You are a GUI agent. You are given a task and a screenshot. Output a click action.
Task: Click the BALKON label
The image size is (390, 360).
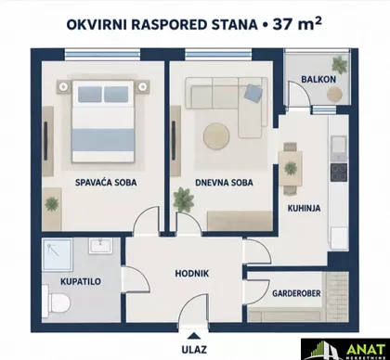[x=318, y=79]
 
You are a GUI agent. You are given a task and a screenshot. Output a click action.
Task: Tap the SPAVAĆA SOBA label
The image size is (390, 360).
[x=106, y=182]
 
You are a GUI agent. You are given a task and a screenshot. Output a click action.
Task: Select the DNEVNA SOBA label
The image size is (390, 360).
[x=224, y=183]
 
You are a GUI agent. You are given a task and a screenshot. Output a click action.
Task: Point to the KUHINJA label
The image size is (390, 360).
[x=304, y=208]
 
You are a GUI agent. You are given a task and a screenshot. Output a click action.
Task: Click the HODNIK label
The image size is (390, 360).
[x=192, y=274]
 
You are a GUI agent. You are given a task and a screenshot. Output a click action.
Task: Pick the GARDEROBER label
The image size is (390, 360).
[x=296, y=293]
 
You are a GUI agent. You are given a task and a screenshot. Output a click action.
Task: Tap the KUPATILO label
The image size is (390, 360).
[x=81, y=282]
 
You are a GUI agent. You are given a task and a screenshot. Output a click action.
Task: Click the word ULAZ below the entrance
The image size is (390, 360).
[x=194, y=350]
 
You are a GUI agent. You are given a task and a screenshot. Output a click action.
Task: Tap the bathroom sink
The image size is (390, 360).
[x=100, y=246]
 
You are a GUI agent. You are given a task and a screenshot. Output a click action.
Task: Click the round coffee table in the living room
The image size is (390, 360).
[x=216, y=136]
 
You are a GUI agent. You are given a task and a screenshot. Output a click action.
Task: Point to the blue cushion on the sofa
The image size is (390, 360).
[x=253, y=93]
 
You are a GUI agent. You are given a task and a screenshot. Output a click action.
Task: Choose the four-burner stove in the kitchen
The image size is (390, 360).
[x=339, y=173]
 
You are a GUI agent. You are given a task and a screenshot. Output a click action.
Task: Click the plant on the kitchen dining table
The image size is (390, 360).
[x=291, y=169]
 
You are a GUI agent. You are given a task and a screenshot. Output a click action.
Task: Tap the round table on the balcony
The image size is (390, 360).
[x=334, y=94]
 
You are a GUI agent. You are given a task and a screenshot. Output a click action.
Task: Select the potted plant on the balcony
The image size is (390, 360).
[x=340, y=65]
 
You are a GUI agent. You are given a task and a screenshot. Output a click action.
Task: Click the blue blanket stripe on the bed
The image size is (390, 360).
[x=103, y=140]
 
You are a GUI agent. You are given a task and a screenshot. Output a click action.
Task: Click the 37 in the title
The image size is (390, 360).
[x=282, y=24]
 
